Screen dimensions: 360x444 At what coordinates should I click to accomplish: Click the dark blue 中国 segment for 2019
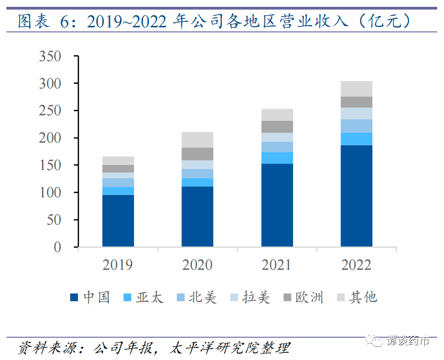tap(118, 221)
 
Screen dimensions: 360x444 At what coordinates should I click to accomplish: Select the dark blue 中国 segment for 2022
tap(356, 196)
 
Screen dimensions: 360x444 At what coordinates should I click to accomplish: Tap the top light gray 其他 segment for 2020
tap(197, 139)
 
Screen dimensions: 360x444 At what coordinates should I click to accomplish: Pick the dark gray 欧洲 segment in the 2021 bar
tap(277, 127)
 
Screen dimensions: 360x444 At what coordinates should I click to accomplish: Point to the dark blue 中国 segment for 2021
tap(277, 205)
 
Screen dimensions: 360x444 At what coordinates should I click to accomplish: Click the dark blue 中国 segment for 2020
tap(197, 217)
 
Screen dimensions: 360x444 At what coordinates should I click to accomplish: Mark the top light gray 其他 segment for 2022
tap(356, 88)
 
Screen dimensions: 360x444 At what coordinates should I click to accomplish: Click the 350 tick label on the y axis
tap(50, 57)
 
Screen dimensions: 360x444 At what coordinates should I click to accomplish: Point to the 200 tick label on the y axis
tap(50, 138)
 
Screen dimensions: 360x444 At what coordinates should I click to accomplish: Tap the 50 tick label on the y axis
tap(54, 220)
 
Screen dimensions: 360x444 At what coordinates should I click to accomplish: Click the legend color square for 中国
tap(74, 298)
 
